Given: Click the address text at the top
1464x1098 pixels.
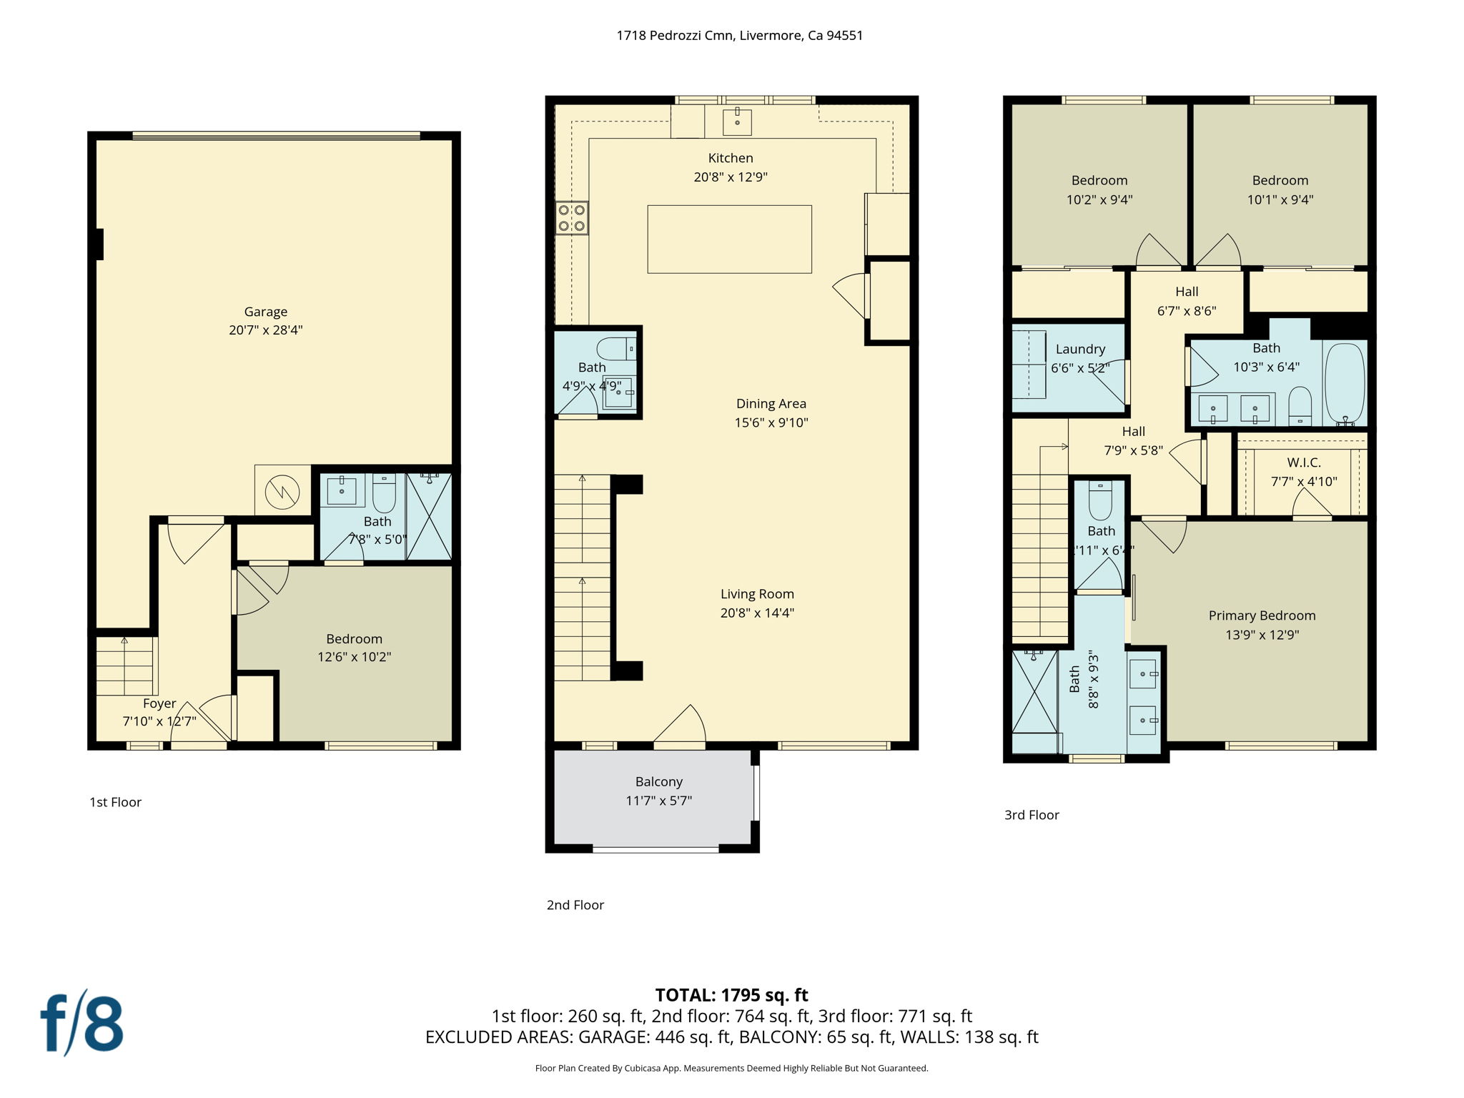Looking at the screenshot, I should (x=739, y=36).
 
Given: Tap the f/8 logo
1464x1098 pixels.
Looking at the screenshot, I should (x=81, y=1023).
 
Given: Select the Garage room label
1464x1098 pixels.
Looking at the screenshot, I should (x=265, y=312).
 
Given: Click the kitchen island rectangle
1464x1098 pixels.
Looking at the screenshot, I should (x=729, y=239).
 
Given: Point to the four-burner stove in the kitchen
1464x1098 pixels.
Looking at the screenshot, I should (x=572, y=218).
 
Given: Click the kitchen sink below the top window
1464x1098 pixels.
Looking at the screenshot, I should (x=737, y=122).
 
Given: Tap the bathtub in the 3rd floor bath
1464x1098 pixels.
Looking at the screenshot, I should (x=1345, y=384).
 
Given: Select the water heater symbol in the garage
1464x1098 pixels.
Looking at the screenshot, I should (x=282, y=491).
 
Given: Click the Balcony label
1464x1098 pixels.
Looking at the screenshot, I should (x=658, y=782).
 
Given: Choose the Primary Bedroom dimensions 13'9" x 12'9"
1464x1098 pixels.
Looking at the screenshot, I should (x=1262, y=635).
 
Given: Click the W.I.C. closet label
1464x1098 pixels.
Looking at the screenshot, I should (x=1304, y=463).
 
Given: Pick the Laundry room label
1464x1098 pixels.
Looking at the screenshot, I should (x=1080, y=350).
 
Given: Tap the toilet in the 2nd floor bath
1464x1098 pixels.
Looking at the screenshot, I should (x=615, y=349).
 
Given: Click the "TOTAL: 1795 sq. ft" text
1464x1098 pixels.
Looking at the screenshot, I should (x=731, y=995).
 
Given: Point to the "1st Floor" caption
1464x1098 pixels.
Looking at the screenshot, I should (x=115, y=802).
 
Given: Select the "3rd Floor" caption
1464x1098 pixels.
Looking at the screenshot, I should (x=1032, y=815).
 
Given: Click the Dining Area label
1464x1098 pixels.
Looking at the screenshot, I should (x=771, y=404).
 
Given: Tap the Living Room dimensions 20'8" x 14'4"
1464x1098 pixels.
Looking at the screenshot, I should (x=757, y=613).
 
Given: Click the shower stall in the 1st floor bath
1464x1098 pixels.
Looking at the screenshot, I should (x=429, y=516).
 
